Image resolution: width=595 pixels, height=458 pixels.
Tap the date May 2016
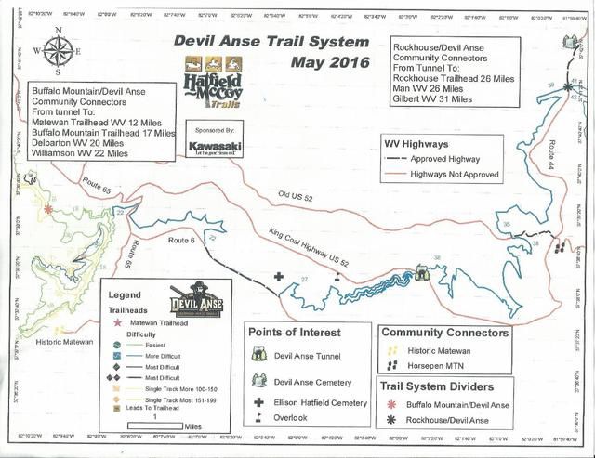[x=329, y=63]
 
